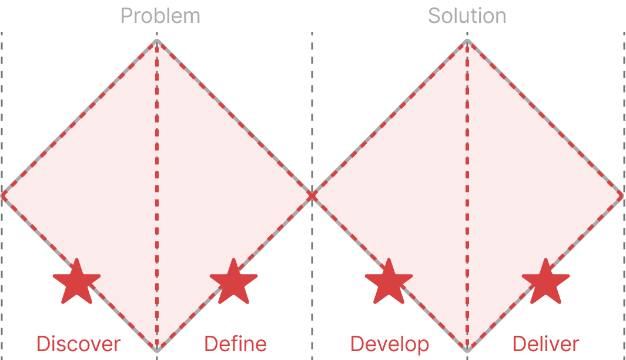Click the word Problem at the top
(x=160, y=16)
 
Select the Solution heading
(x=467, y=16)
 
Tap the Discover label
(x=78, y=344)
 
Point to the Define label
(x=235, y=344)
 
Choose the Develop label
(x=390, y=344)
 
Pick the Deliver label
(x=546, y=344)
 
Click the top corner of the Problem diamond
(x=157, y=42)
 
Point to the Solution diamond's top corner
(x=468, y=42)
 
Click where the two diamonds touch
(x=312, y=195)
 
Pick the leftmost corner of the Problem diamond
(x=3, y=195)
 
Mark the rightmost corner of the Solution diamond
(x=622, y=195)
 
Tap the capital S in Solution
(x=434, y=16)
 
